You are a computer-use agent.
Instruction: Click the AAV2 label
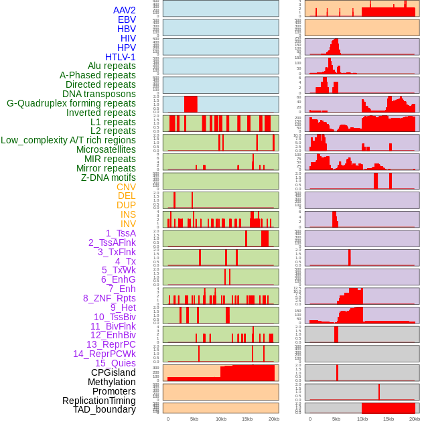pyautogui.click(x=125, y=10)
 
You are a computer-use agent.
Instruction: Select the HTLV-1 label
pyautogui.click(x=121, y=57)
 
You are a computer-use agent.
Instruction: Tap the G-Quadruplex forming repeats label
pyautogui.click(x=72, y=103)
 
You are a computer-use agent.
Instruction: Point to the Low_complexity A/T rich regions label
pyautogui.click(x=68, y=140)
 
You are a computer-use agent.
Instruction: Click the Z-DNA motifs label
pyautogui.click(x=109, y=178)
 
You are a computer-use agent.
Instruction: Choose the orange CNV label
pyautogui.click(x=126, y=187)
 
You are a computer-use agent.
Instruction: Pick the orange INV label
pyautogui.click(x=128, y=224)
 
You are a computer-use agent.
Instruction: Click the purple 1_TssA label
pyautogui.click(x=121, y=233)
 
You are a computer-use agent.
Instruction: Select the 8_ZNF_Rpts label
pyautogui.click(x=109, y=298)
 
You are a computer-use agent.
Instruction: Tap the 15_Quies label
pyautogui.click(x=115, y=363)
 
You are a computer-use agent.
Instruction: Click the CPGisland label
pyautogui.click(x=113, y=372)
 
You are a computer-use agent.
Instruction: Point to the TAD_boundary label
pyautogui.click(x=104, y=409)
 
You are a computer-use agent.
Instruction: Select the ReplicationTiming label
pyautogui.click(x=99, y=401)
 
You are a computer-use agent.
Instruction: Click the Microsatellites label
pyautogui.click(x=106, y=149)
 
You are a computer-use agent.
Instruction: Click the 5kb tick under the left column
pyautogui.click(x=194, y=419)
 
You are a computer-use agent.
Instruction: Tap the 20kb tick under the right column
pyautogui.click(x=415, y=419)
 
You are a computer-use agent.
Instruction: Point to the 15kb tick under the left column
pyautogui.click(x=247, y=419)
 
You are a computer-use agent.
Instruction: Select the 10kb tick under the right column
pyautogui.click(x=362, y=419)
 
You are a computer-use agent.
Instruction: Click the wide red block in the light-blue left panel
pyautogui.click(x=190, y=104)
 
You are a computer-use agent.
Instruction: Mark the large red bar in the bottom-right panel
pyautogui.click(x=389, y=408)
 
